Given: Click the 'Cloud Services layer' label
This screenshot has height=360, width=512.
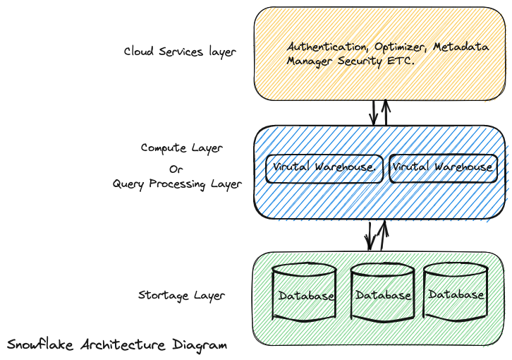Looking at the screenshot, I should (x=180, y=52).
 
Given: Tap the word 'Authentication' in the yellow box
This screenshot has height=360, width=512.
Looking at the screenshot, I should (x=326, y=47).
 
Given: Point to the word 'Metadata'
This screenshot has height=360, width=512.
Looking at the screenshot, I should (x=461, y=47).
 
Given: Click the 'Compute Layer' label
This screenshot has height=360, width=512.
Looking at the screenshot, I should (x=181, y=148).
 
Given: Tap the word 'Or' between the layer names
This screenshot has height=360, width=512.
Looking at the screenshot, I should (x=176, y=169).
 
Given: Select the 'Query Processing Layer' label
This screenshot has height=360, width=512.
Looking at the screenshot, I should (x=177, y=184).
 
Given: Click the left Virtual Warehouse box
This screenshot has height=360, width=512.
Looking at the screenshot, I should (x=324, y=168).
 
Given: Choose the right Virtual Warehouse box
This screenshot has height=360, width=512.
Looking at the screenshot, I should (x=443, y=168).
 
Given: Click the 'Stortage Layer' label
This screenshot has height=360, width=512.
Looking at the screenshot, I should (x=181, y=295).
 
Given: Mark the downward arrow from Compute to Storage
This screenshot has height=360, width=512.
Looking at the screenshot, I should (x=368, y=235).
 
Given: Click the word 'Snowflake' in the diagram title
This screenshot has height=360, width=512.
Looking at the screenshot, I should (x=39, y=345).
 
